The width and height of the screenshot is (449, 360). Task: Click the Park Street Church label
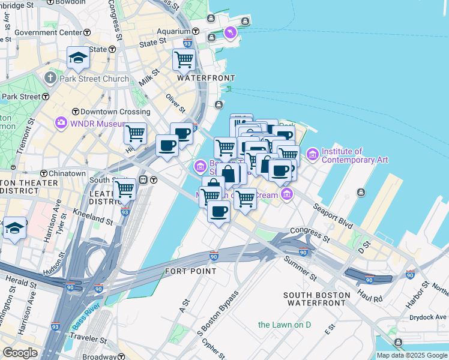pos(95,79)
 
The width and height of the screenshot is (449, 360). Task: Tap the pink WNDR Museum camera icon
pos(61,123)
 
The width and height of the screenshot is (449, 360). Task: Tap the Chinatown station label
pos(66,173)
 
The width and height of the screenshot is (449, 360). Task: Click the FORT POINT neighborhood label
pos(190,271)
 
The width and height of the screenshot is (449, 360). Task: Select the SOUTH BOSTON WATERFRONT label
pos(316,299)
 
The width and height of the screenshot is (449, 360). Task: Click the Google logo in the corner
pos(20,353)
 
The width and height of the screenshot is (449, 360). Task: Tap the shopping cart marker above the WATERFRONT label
pos(184,59)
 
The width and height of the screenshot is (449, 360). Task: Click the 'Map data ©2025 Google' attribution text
pos(412,355)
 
